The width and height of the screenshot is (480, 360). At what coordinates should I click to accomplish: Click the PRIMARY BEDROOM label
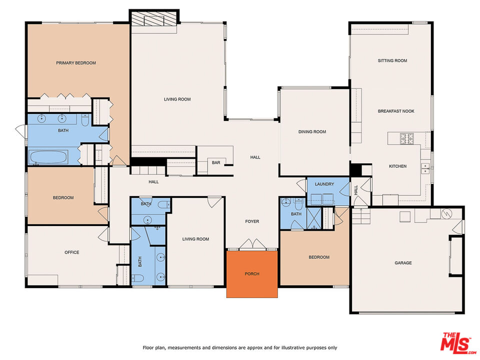(x=76, y=63)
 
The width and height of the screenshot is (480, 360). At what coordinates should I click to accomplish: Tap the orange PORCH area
(x=252, y=274)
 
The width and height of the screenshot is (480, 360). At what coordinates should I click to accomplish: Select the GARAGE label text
(x=403, y=262)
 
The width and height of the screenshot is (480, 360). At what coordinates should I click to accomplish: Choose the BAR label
(x=216, y=162)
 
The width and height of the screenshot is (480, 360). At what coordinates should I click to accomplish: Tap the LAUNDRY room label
(x=324, y=184)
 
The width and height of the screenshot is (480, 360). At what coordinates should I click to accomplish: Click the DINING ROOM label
(x=312, y=132)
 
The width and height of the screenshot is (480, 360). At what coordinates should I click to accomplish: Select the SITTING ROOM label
(x=392, y=60)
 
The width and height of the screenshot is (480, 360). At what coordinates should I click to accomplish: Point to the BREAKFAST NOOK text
(x=396, y=111)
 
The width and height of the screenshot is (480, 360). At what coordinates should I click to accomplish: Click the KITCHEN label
(x=397, y=166)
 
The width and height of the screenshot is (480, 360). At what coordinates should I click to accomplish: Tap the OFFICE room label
(x=72, y=252)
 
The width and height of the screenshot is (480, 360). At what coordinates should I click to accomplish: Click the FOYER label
(x=252, y=221)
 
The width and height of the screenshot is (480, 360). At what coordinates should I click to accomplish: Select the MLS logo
(x=455, y=342)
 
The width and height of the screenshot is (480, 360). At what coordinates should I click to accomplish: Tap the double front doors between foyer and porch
(x=252, y=245)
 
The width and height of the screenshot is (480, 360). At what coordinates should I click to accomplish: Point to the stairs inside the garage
(x=360, y=217)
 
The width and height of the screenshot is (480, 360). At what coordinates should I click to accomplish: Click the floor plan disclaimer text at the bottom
(x=239, y=347)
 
